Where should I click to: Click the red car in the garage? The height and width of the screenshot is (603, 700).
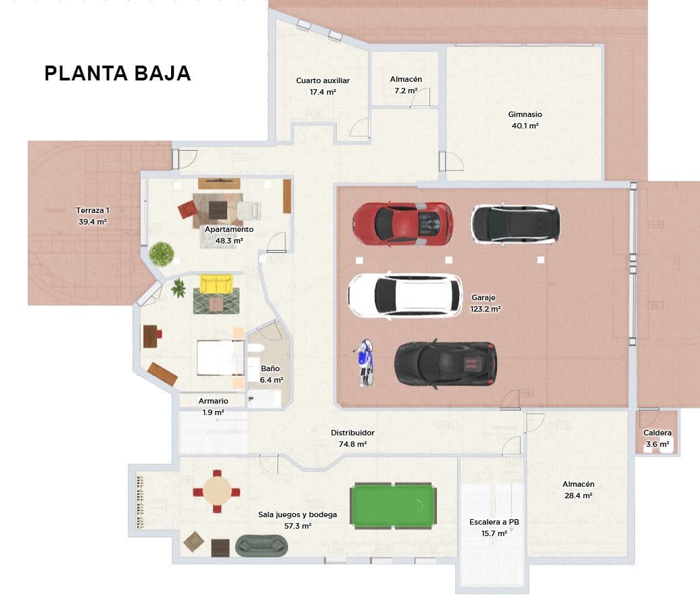tap(402, 223)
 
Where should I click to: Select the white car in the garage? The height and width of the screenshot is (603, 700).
tap(405, 295)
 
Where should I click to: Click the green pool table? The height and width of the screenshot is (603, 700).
tap(392, 506)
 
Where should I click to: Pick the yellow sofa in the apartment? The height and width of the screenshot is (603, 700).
tap(216, 284)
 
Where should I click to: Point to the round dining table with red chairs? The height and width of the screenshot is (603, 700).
tap(216, 492)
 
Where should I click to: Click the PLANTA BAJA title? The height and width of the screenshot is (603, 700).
tap(118, 74)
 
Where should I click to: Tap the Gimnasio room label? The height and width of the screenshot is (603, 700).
tap(525, 120)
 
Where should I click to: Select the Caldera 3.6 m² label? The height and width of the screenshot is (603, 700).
tap(657, 438)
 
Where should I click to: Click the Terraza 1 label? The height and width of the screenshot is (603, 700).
tap(93, 216)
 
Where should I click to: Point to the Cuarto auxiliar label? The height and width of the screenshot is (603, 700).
tap(323, 86)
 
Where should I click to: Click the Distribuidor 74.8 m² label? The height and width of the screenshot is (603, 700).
tap(352, 438)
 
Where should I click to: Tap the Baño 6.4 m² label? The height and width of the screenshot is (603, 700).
tap(270, 374)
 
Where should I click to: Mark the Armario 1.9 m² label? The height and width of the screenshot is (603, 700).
tap(213, 406)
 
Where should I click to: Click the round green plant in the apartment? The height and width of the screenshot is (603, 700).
tap(162, 254)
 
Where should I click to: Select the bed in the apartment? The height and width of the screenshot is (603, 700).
tap(220, 358)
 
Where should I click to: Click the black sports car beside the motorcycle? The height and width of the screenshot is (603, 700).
tap(446, 364)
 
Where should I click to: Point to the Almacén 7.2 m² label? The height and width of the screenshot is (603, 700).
tap(406, 85)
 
